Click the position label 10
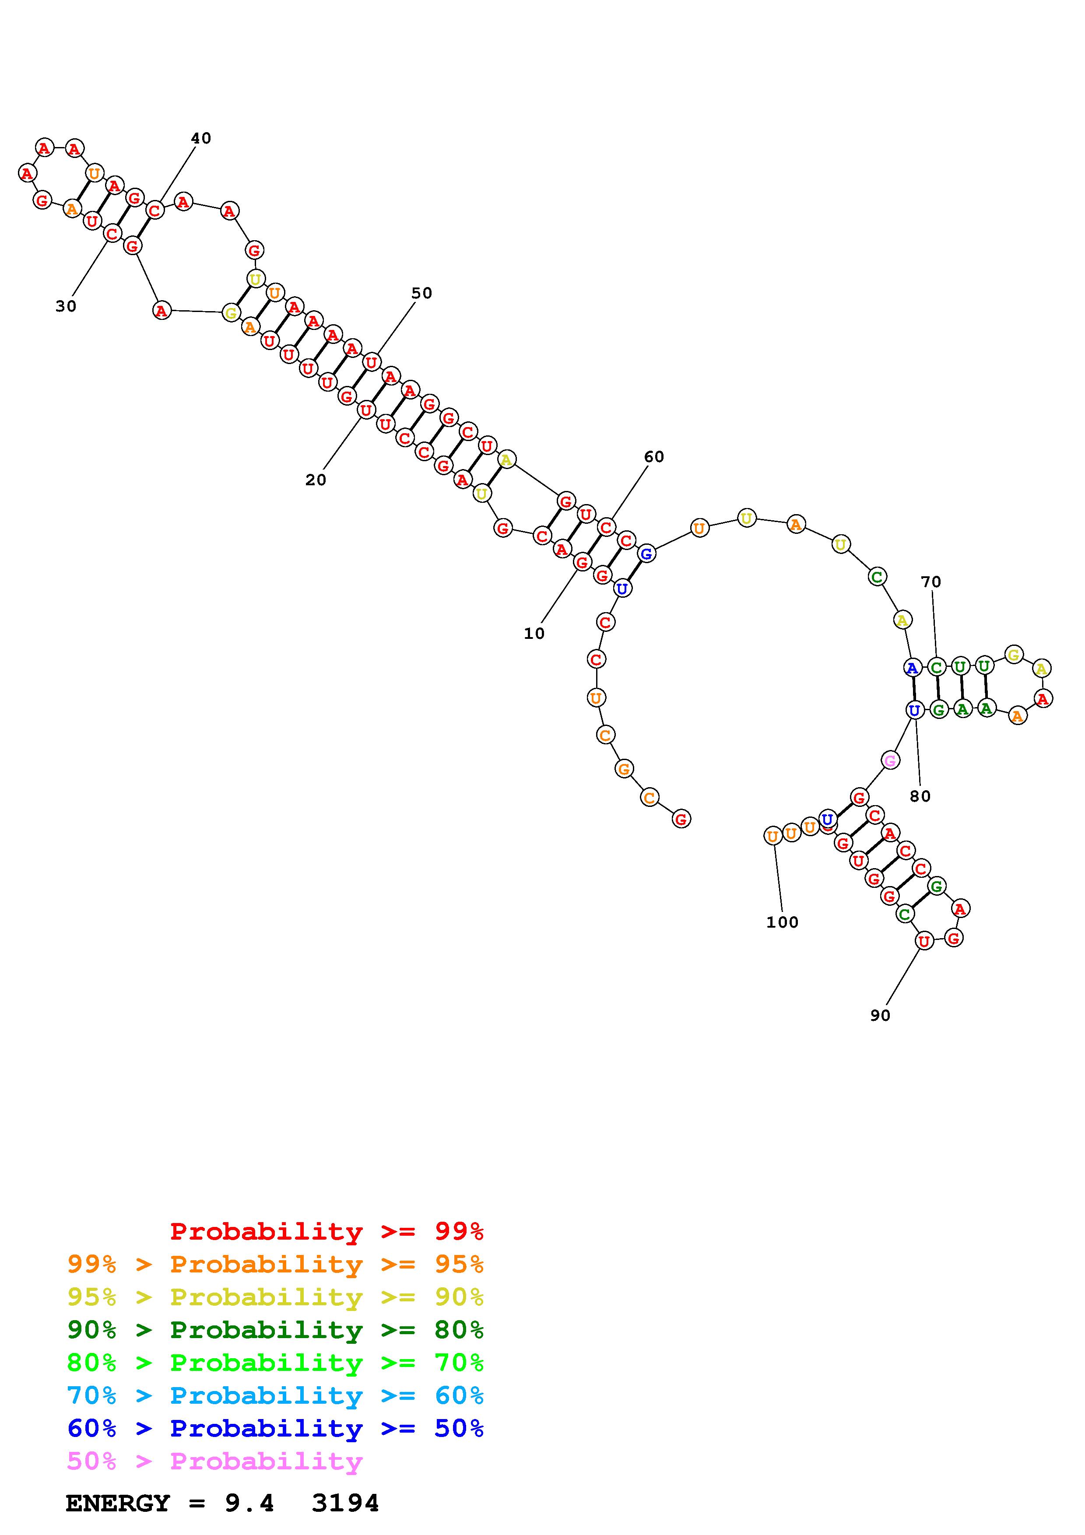[534, 633]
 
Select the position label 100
[782, 922]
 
